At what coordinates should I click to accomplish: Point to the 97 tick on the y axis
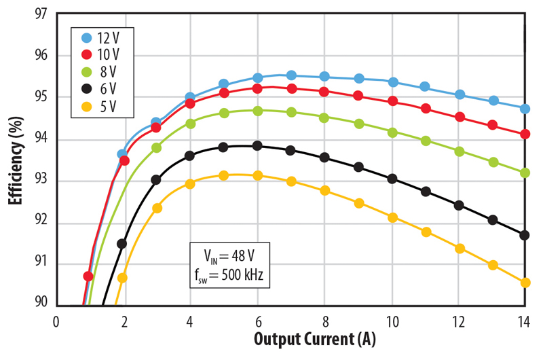point(42,14)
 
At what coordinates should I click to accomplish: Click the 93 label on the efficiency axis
point(42,181)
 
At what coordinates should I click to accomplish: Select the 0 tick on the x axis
point(57,321)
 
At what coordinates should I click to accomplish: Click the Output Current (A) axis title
point(315,340)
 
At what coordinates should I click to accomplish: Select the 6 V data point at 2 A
point(122,243)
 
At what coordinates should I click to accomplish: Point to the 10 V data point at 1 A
point(88,276)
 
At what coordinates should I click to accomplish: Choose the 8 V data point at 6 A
point(257,111)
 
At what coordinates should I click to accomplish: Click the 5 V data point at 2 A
point(122,277)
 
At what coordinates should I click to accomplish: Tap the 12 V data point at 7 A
point(291,75)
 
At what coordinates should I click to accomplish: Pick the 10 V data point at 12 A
point(460,117)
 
